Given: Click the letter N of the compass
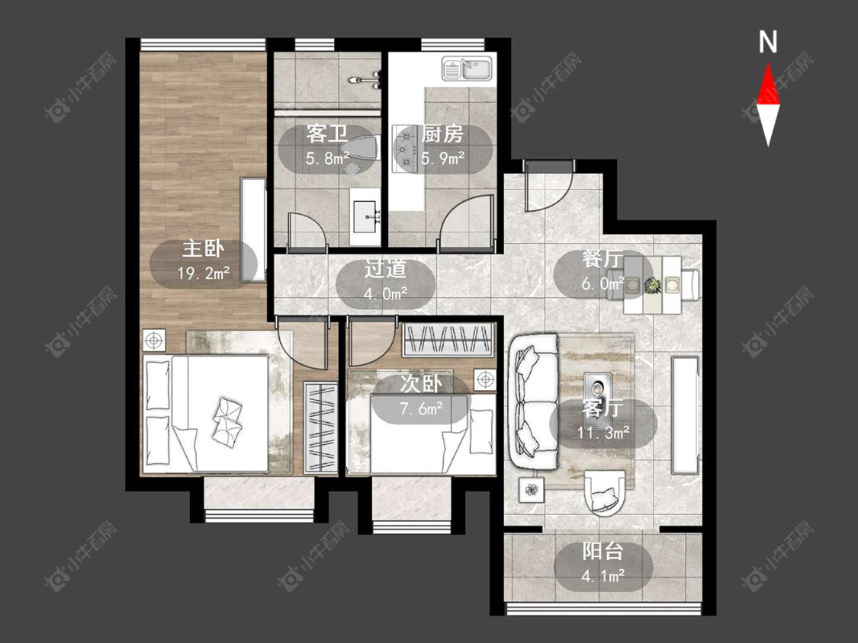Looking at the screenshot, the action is [768, 42].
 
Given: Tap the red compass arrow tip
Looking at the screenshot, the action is [768, 63].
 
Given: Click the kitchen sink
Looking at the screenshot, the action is [468, 69].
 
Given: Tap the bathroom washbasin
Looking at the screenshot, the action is [365, 216].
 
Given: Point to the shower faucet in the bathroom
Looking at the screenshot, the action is [366, 80].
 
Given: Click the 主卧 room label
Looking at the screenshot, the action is [204, 249].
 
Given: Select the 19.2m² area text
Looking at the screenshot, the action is [204, 273].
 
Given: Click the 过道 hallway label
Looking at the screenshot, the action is [386, 269].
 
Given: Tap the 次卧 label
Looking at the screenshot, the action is [421, 384].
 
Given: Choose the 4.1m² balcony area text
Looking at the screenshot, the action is [603, 576].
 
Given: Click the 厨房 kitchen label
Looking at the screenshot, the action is [442, 133].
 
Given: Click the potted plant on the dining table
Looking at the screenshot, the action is [652, 285].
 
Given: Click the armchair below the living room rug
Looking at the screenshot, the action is [604, 493].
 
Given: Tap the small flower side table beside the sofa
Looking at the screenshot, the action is [531, 489].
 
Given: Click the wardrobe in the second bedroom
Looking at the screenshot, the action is [448, 340].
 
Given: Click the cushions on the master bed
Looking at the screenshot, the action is [227, 419].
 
